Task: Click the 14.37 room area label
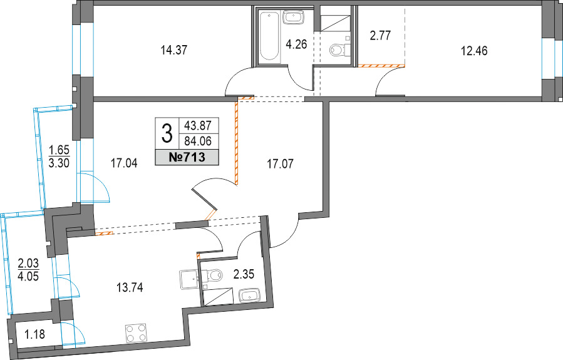[x=173, y=50]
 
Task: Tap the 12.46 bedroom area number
[x=474, y=51]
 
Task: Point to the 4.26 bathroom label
[x=296, y=44]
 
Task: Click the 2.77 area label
[x=380, y=36]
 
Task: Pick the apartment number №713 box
[x=187, y=157]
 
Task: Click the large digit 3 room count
[x=167, y=133]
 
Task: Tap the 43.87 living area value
[x=198, y=126]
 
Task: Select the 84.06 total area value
[x=198, y=141]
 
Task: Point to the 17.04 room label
[x=124, y=164]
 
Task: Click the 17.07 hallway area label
[x=280, y=165]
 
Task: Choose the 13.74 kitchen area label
[x=130, y=287]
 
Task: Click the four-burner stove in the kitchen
[x=136, y=334]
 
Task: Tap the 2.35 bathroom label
[x=244, y=275]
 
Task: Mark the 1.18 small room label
[x=35, y=334]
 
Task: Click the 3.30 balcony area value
[x=59, y=163]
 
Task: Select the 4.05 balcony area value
[x=28, y=277]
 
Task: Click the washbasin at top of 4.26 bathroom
[x=294, y=18]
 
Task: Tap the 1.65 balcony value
[x=59, y=150]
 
